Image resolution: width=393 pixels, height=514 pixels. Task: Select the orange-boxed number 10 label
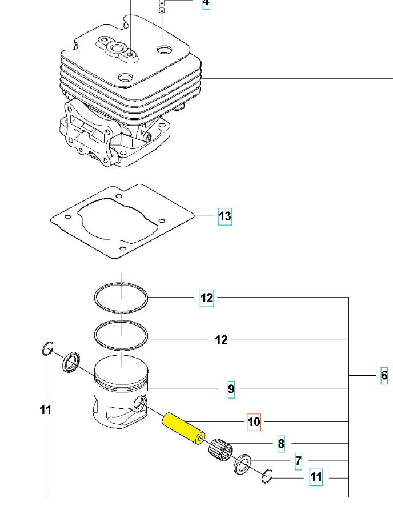pos(254,422)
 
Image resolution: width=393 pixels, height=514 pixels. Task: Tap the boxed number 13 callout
pos(225,216)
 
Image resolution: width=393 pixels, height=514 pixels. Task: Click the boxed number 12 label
pos(207,298)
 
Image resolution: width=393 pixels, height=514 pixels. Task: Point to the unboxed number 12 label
pos(221,340)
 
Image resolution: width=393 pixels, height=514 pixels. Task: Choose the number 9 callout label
pos(231,389)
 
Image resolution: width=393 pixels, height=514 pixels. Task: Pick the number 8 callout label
pos(281,443)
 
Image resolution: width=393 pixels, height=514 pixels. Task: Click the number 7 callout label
pos(298,460)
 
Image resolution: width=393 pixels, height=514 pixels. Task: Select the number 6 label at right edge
pos(384,375)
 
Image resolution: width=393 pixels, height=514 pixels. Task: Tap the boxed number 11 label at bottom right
pos(316,477)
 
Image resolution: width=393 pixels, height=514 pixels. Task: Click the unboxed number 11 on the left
pos(46,409)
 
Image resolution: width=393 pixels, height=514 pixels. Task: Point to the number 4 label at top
pos(206,3)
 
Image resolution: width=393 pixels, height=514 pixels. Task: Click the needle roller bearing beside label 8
pos(222,448)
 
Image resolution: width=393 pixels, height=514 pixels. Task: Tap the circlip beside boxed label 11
pos(268,475)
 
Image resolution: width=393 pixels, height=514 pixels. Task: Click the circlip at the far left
pos(48,348)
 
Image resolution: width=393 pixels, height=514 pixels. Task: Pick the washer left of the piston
pos(71,362)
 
